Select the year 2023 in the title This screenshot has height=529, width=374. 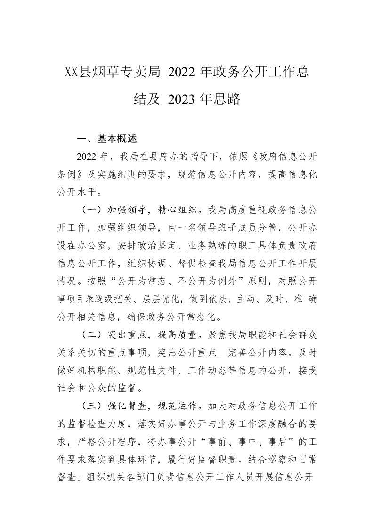coord(178,99)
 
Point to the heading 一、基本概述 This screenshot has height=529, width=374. coord(107,139)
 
